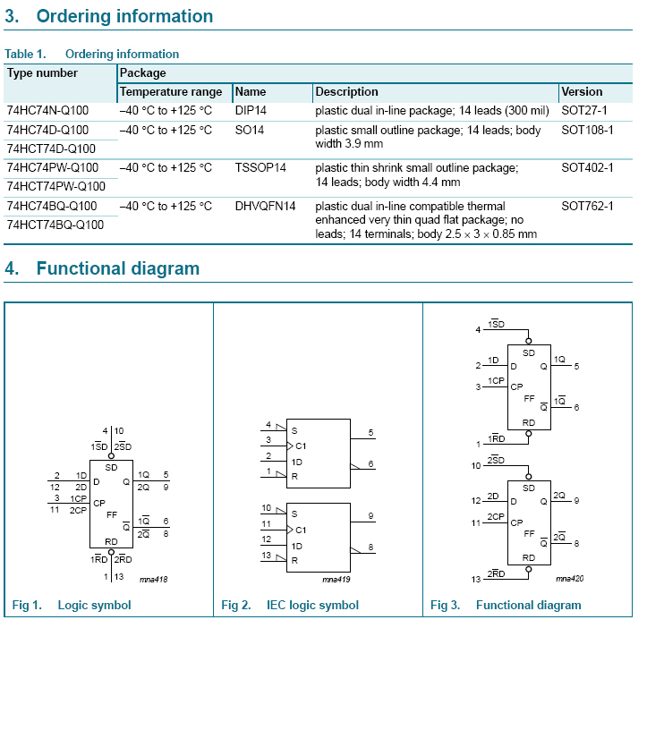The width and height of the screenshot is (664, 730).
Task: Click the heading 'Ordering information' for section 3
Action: [x=124, y=16]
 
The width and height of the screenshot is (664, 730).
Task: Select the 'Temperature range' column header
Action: [x=171, y=91]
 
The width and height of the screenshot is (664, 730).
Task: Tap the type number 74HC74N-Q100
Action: [x=47, y=111]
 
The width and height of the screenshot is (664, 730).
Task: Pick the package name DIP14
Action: [x=251, y=111]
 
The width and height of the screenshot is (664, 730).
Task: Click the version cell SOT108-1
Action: [x=587, y=130]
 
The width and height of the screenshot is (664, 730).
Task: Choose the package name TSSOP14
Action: [x=260, y=167]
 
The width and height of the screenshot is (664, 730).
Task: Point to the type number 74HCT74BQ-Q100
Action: [x=55, y=225]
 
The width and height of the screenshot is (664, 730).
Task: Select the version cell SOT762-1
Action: [x=587, y=206]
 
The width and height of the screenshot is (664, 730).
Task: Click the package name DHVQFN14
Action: [x=265, y=206]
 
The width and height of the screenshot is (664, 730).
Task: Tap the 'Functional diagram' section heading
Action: [x=117, y=268]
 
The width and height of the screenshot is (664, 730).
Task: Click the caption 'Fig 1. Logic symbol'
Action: [x=72, y=606]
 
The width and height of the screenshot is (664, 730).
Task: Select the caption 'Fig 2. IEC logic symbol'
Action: [x=290, y=606]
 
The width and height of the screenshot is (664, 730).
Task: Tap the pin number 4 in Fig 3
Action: [x=478, y=330]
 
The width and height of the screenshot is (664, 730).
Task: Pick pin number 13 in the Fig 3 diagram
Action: [x=476, y=580]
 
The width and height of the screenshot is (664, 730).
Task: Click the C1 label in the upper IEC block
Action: [x=301, y=446]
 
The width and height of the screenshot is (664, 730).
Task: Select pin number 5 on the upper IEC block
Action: [x=370, y=433]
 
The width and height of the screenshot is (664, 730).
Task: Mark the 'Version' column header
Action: [x=582, y=91]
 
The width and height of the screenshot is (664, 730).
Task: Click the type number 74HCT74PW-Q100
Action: [x=55, y=186]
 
